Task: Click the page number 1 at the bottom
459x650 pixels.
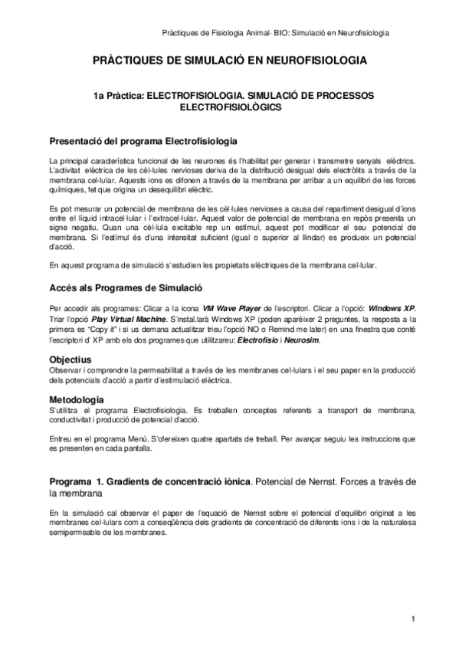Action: click(412, 619)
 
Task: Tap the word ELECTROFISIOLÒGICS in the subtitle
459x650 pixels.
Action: click(229, 108)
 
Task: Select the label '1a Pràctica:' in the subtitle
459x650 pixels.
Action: click(118, 97)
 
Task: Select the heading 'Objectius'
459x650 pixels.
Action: click(70, 358)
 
